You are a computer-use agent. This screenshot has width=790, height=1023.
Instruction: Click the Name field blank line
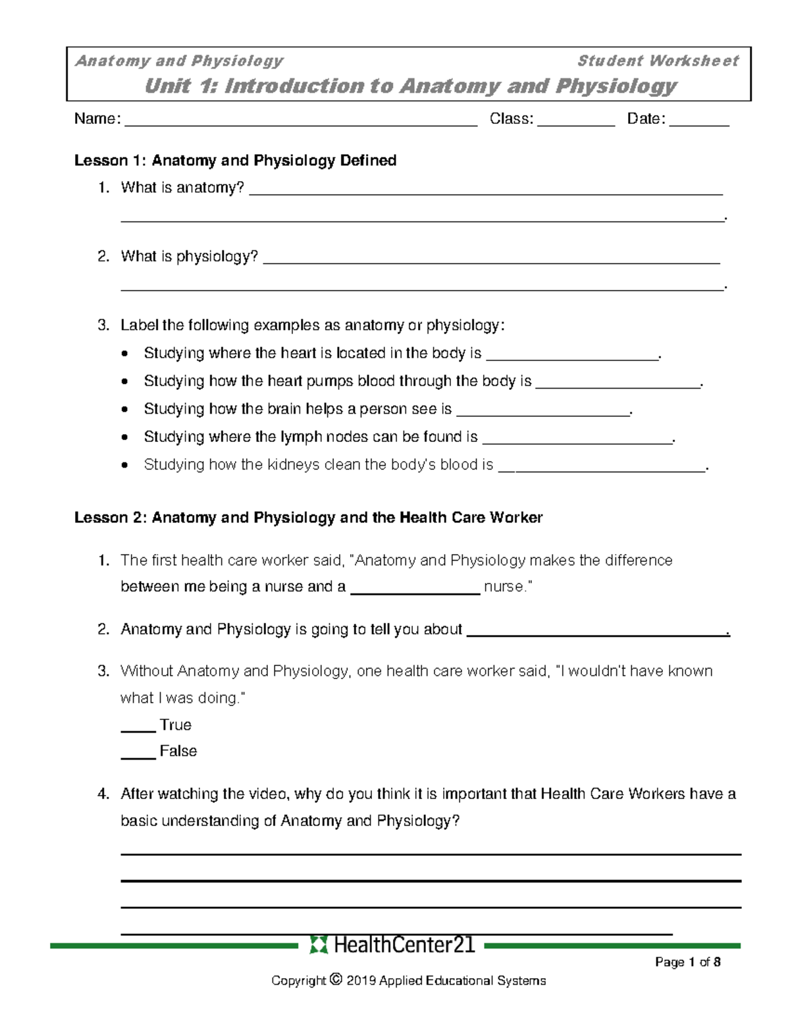click(301, 122)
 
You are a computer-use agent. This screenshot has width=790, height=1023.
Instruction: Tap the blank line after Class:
click(576, 122)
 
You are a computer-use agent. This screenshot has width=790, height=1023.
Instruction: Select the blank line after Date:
click(699, 122)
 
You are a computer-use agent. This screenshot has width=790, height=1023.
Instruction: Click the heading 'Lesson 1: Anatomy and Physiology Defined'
click(235, 161)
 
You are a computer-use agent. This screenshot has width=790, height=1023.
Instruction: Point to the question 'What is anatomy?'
click(182, 188)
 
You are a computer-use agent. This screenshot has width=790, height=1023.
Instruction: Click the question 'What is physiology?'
click(189, 257)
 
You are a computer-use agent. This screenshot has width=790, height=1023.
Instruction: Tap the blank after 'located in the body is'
click(571, 356)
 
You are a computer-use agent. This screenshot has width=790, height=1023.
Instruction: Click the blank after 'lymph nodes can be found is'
click(577, 440)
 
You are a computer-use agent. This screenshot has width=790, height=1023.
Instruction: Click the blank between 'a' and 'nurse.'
click(415, 591)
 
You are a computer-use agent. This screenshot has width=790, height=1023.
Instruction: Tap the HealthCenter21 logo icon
click(318, 945)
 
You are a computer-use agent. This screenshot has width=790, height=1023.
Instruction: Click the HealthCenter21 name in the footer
click(404, 945)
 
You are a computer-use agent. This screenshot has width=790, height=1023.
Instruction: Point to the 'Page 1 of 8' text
click(687, 962)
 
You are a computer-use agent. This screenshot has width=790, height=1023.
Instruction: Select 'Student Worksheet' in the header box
click(658, 61)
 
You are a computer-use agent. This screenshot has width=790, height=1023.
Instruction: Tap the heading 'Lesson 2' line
click(308, 518)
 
